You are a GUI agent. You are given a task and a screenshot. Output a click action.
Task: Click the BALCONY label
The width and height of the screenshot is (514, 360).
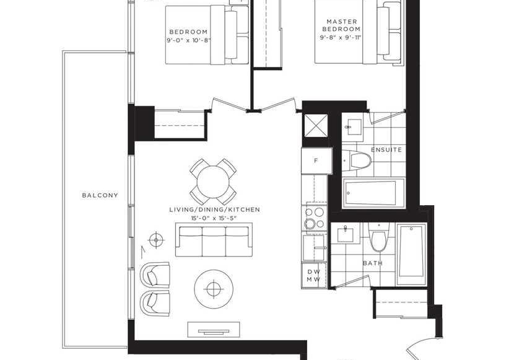coord(100,195)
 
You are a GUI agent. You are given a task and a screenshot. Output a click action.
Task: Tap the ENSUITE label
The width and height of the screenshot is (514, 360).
coord(386,150)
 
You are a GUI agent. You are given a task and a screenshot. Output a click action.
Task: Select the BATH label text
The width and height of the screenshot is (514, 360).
coord(372,263)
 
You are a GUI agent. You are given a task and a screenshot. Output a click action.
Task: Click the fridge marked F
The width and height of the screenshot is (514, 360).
coord(316,160)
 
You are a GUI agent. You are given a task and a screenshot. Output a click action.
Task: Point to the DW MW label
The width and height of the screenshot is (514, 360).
coord(313,275)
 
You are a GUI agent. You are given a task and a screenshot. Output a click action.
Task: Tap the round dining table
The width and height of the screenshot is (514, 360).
coord(213,182)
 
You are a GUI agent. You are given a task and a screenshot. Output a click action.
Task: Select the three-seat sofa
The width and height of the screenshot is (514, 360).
coord(214,240)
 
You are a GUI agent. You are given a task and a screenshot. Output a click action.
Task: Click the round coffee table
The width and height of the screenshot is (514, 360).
coord(214,289)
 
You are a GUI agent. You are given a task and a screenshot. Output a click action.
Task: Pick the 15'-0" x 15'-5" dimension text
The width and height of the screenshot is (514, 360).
coord(214,218)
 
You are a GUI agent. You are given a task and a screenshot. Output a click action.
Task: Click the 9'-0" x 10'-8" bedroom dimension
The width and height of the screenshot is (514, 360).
coord(188,41)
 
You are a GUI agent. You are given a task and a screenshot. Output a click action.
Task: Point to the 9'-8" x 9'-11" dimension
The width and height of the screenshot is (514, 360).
coord(341,38)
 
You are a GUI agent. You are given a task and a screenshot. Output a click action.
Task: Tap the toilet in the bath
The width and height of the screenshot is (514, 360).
coord(378,237)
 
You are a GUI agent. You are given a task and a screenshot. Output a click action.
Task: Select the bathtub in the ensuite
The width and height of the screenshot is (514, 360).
coord(373,193)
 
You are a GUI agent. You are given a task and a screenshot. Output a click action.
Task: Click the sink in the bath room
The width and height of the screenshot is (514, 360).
coord(346,234)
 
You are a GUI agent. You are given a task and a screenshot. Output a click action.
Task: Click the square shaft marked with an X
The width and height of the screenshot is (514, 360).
coord(316,126)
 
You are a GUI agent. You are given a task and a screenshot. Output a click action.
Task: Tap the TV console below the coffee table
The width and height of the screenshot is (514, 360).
coord(214,329)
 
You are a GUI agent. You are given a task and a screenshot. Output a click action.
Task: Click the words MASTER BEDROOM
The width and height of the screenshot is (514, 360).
coord(342,25)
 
